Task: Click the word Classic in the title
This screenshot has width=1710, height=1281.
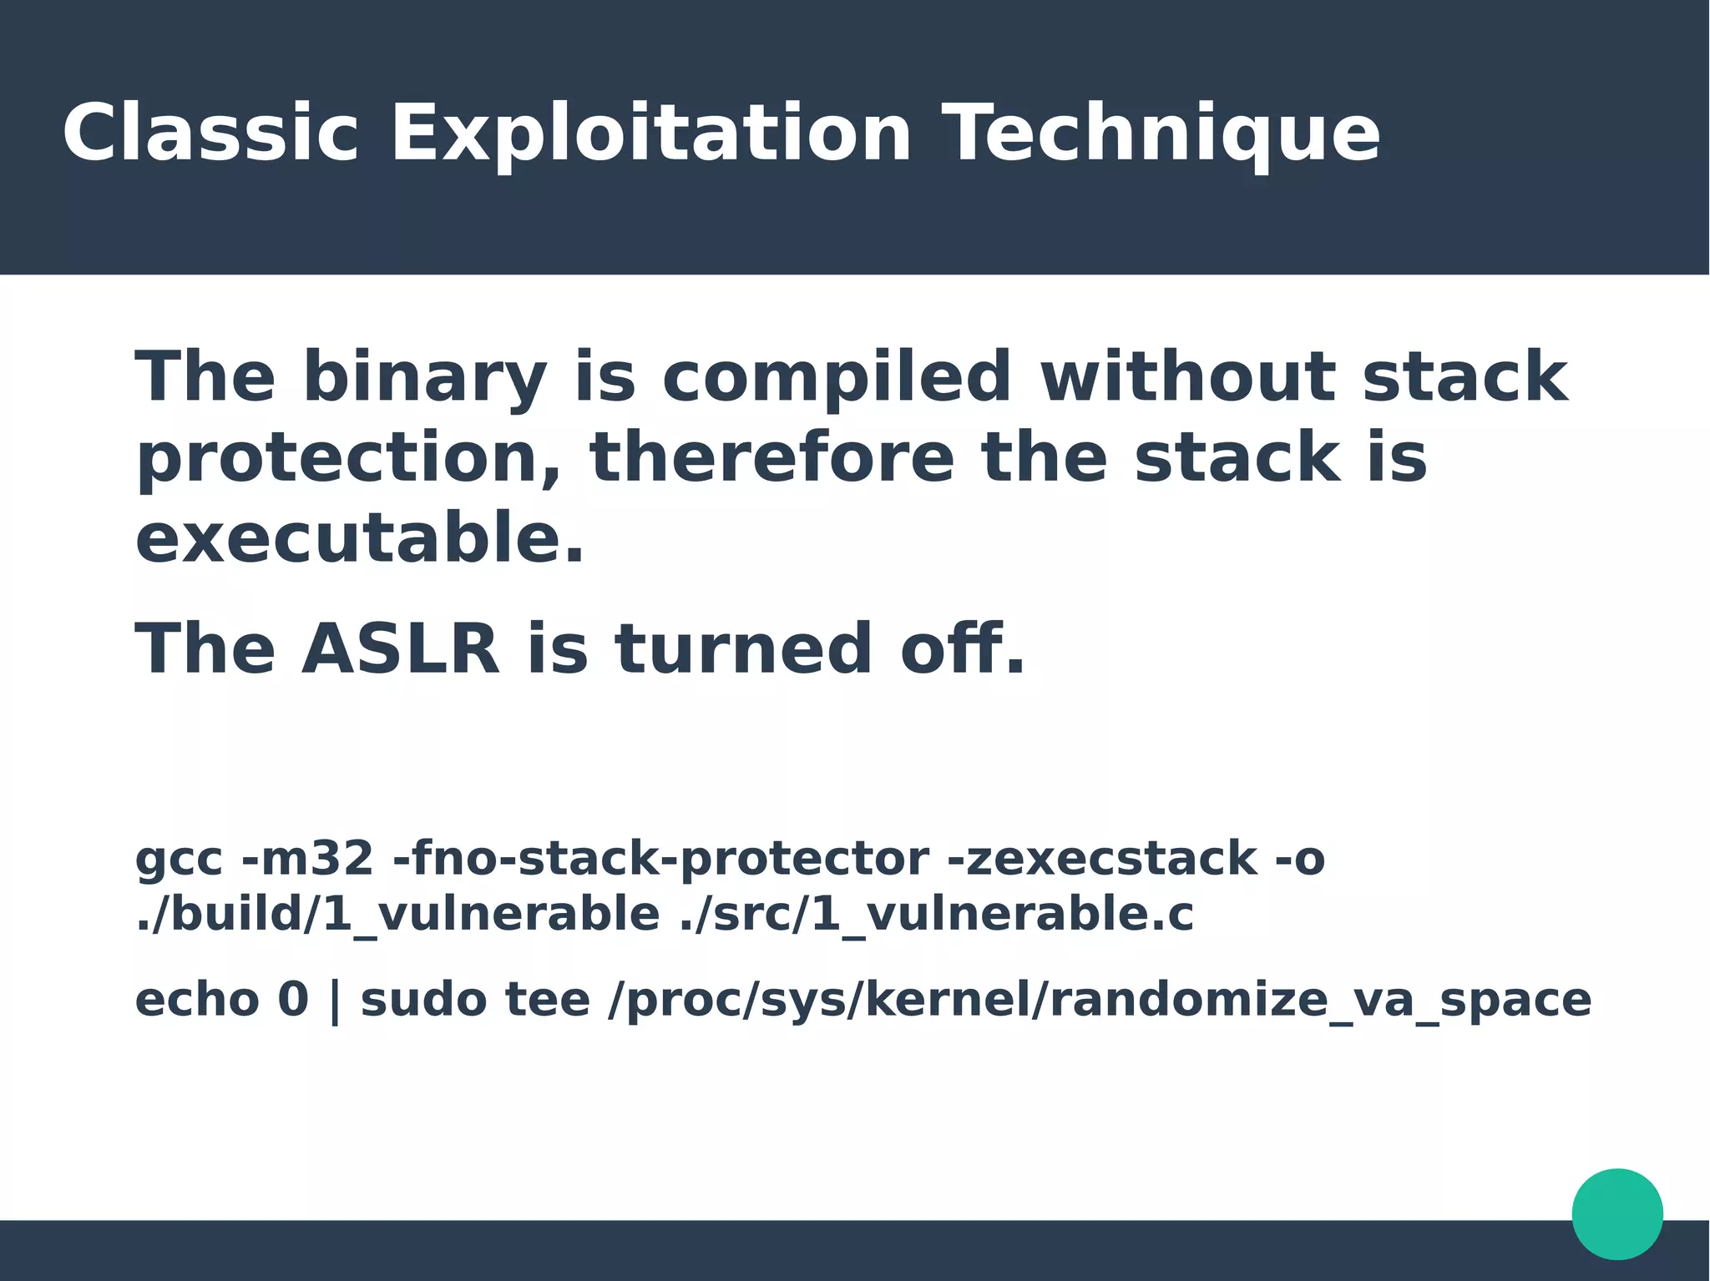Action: point(210,134)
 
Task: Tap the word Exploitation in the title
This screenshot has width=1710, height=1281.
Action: point(651,134)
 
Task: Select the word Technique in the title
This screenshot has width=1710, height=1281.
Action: point(1164,134)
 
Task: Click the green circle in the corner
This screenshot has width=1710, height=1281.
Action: point(1617,1213)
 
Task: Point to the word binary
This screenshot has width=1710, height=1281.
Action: point(424,377)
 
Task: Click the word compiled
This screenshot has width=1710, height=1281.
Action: point(837,377)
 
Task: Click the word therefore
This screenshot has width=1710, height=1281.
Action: point(771,458)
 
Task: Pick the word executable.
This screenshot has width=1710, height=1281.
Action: point(359,539)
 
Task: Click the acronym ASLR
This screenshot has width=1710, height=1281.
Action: point(401,649)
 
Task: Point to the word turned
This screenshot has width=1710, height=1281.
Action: point(743,649)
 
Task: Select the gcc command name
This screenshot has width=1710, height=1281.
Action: point(179,860)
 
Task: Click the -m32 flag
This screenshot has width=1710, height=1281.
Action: point(307,859)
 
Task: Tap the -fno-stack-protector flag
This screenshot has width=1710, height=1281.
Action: point(660,859)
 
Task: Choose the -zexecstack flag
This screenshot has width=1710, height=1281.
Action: point(1102,859)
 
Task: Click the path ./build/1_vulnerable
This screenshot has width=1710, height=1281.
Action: point(397,915)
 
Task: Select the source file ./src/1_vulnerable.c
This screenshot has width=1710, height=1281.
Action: point(936,915)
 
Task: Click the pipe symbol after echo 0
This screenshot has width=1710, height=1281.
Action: point(335,1001)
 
